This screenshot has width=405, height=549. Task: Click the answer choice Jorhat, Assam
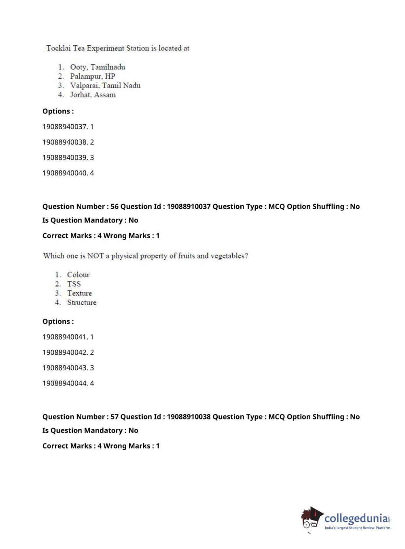point(93,95)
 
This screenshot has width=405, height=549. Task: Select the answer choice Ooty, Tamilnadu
point(98,67)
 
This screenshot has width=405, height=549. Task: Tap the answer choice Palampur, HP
point(93,76)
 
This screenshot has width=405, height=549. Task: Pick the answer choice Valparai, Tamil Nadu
point(105,85)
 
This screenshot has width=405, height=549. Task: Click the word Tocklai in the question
point(58,48)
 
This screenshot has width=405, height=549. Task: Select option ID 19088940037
point(65,127)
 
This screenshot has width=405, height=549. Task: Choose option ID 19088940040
point(65,173)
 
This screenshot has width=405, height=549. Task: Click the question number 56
point(115,206)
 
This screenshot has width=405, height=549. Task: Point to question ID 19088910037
point(189,206)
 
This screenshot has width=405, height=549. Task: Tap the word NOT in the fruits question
point(95,256)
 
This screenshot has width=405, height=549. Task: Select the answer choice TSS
point(74,284)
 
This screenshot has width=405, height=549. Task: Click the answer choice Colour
point(78,274)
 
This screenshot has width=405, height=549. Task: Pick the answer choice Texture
point(79,293)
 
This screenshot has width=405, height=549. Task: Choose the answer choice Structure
point(82,302)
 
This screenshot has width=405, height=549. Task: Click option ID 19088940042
point(65,352)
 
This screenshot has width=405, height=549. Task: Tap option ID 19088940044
point(65,383)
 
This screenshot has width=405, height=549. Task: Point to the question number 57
point(115,417)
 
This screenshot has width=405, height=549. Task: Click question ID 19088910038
point(189,417)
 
